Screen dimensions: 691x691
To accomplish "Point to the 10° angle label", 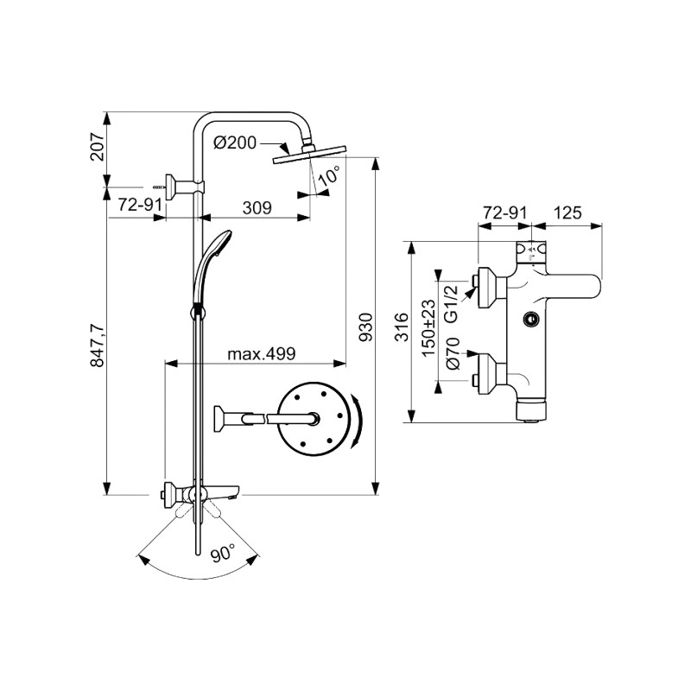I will pyautogui.click(x=328, y=177).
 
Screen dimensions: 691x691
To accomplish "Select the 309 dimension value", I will pyautogui.click(x=257, y=208).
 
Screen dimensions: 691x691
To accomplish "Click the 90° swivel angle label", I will pyautogui.click(x=222, y=555).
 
